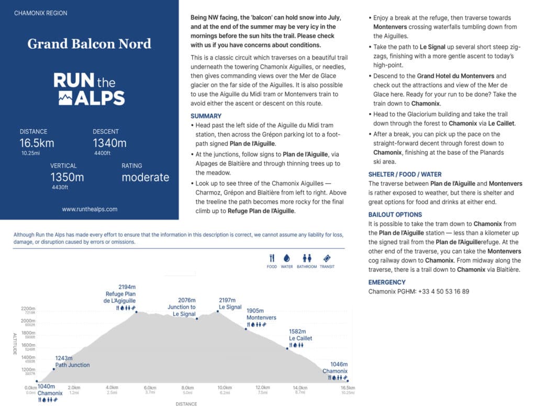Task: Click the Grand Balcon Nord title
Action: [x=90, y=43]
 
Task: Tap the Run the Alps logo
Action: [x=90, y=89]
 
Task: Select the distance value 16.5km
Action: [x=37, y=143]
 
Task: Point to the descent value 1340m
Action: [x=109, y=143]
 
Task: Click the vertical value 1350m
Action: [x=68, y=177]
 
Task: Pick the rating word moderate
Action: [x=146, y=177]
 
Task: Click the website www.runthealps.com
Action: [x=90, y=209]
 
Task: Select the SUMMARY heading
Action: [x=206, y=116]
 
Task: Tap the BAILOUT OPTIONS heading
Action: [x=395, y=214]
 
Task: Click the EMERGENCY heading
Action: [x=387, y=282]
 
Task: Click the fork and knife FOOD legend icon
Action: [x=272, y=258]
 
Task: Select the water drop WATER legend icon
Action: [x=287, y=258]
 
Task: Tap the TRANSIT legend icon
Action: [x=327, y=258]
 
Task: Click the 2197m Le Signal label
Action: [x=230, y=303]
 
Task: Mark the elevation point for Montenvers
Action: [x=246, y=328]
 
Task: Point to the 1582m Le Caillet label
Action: [x=300, y=335]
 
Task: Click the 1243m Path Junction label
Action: [x=72, y=361]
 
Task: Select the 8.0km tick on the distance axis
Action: [x=187, y=388]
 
